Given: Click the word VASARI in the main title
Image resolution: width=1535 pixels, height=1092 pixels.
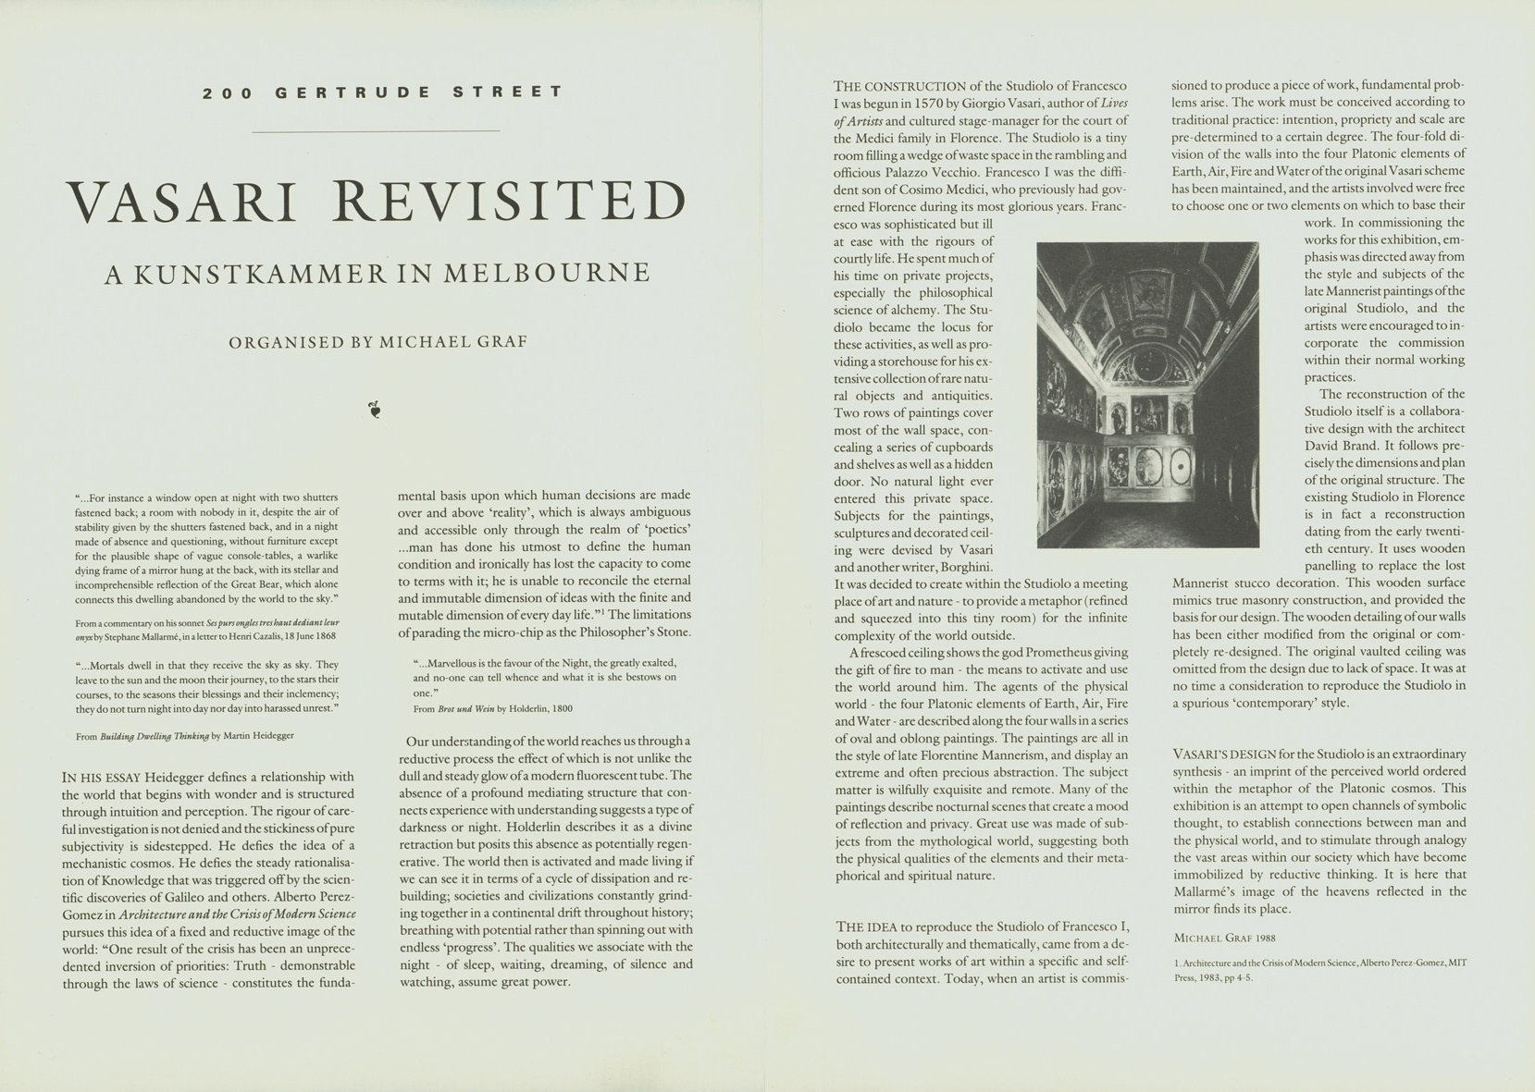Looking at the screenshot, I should coord(181,202).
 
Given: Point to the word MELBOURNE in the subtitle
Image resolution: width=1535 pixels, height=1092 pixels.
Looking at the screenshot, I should coord(547,274).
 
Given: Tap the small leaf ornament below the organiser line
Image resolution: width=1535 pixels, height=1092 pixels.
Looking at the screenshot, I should coord(375,410).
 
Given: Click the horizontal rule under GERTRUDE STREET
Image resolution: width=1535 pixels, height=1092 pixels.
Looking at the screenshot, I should coord(376,131).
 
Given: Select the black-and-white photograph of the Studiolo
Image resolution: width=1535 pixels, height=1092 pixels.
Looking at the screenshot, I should coord(1147,395).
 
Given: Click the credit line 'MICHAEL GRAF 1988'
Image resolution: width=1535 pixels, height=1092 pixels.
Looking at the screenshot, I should coord(1224,938).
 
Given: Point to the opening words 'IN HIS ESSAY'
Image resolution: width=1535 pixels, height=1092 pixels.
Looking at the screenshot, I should coord(102,778).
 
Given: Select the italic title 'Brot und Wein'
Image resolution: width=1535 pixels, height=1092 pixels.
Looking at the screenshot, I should coord(466,708).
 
